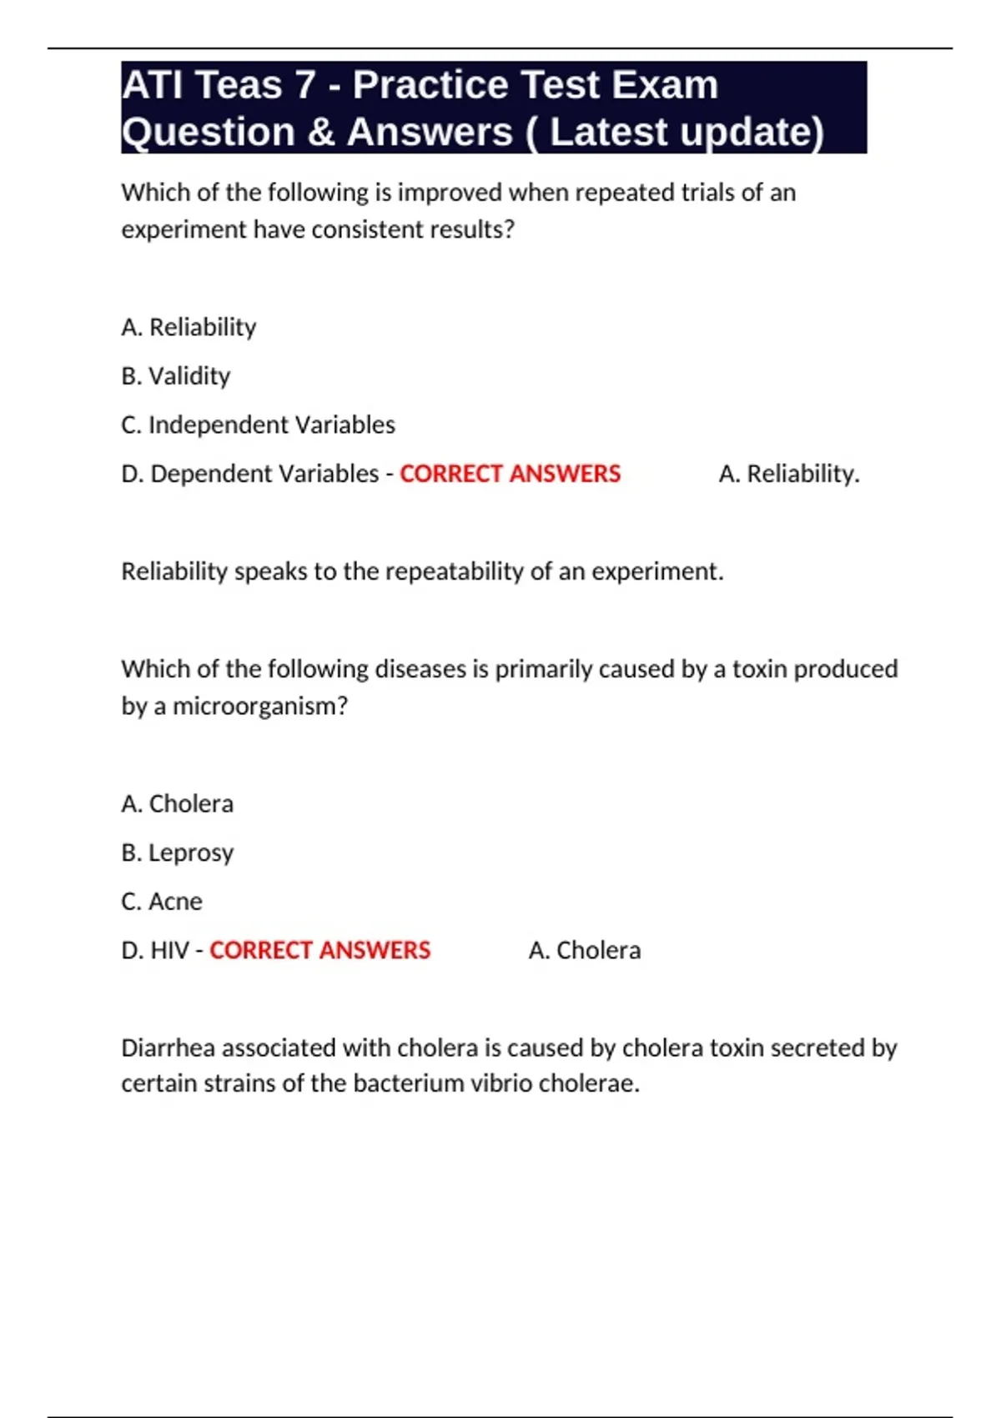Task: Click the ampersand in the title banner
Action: tap(321, 132)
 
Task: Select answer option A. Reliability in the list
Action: tap(189, 327)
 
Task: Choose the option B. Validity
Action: tap(175, 376)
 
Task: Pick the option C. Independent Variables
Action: tap(258, 425)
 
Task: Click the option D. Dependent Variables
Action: tap(249, 474)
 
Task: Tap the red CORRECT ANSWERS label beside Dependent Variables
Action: tap(510, 474)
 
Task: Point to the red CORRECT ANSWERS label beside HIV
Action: tap(319, 950)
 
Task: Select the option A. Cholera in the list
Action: tap(177, 803)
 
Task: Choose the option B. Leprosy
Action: tap(177, 852)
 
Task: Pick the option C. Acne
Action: tap(162, 901)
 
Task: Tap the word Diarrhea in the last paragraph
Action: tap(169, 1048)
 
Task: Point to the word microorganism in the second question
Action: tap(259, 706)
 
